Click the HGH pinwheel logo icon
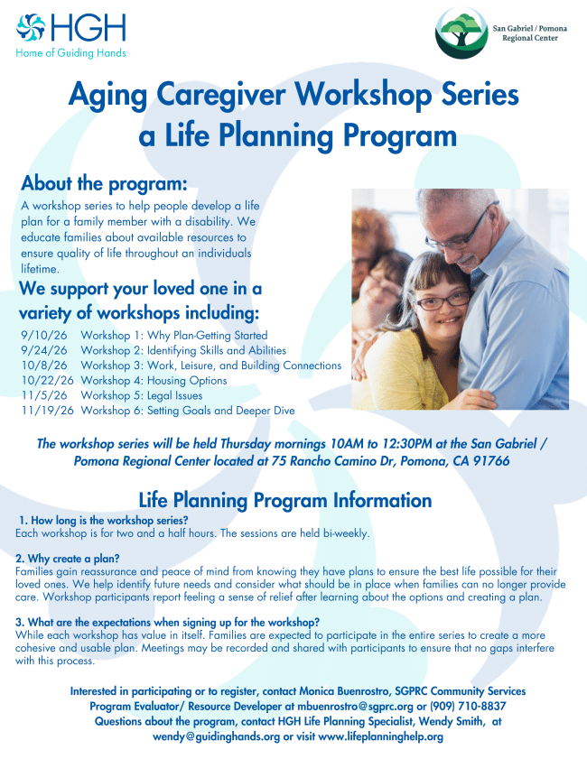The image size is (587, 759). click(x=31, y=28)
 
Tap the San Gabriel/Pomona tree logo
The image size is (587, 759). click(x=461, y=32)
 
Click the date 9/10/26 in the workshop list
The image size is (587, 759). click(x=44, y=336)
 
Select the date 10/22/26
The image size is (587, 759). click(x=48, y=381)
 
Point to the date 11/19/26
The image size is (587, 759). click(x=48, y=411)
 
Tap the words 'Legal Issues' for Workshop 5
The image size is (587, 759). click(x=175, y=396)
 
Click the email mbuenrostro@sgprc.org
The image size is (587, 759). click(x=356, y=707)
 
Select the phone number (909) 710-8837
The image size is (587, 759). click(x=468, y=707)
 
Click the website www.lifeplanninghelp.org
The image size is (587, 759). click(x=381, y=736)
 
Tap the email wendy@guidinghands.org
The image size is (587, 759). click(x=217, y=736)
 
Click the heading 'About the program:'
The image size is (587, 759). click(x=104, y=183)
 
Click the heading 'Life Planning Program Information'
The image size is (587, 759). click(x=285, y=500)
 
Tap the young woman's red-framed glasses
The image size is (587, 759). click(x=443, y=301)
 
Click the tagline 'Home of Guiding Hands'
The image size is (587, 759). click(x=70, y=52)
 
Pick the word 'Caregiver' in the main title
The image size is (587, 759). click(x=221, y=95)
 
